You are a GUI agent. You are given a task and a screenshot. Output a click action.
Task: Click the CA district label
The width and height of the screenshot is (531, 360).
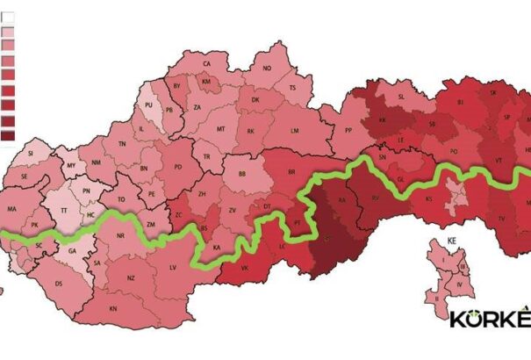[209, 64]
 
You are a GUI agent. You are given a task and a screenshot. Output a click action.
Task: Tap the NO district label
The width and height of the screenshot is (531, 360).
[267, 68]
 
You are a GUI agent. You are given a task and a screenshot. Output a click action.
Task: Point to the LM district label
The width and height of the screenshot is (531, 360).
[295, 130]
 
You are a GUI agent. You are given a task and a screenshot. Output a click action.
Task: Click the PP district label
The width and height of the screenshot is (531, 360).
[348, 130]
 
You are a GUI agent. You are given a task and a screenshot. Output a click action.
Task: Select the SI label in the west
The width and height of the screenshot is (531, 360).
[30, 153]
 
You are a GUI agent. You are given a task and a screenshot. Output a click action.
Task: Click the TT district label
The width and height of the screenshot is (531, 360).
[64, 211]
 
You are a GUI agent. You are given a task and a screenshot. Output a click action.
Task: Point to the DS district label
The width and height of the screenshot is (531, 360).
[59, 284]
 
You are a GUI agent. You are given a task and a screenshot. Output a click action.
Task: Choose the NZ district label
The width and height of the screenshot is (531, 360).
[131, 277]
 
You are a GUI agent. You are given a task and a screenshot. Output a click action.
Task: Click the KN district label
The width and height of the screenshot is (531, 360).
[113, 308]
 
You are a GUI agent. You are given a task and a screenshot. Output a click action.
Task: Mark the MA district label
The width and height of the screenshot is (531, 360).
[12, 210]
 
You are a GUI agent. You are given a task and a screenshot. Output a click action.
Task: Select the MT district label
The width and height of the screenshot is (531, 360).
[220, 129]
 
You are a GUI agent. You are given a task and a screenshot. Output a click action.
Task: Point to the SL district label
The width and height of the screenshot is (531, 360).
[402, 97]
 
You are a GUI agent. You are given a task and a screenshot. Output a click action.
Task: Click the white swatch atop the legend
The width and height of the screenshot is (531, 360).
[8, 15]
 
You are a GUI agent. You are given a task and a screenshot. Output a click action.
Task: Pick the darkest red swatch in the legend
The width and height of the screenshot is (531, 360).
[8, 135]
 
